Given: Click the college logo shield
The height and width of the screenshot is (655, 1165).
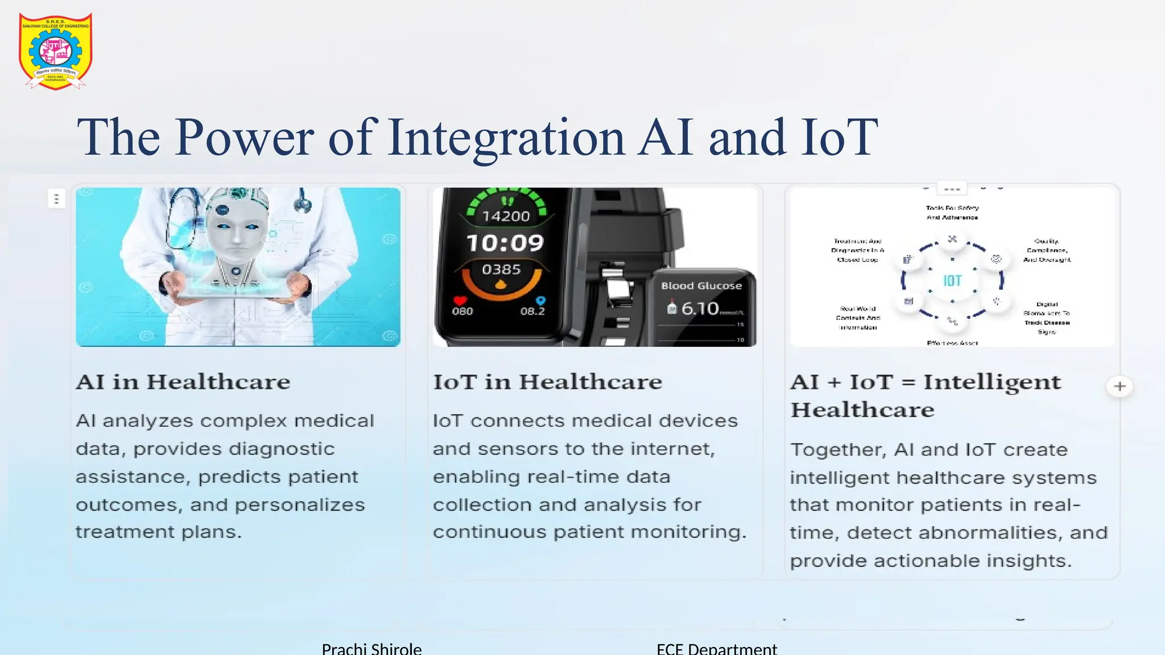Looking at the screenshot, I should pos(56,51).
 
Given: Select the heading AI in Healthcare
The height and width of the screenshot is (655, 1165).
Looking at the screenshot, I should pos(183,382).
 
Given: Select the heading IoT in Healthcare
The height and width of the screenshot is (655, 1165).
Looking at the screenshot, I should pos(548,382).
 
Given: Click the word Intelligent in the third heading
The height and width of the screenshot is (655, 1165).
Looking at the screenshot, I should pos(992,382).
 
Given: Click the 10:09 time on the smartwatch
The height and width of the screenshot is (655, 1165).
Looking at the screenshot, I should pos(505,243).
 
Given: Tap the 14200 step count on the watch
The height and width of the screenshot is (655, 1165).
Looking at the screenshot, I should pos(506,217).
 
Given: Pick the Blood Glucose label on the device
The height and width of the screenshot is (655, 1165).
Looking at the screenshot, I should pos(701,286).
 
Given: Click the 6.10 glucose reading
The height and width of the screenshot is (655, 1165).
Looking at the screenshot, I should pos(700,309).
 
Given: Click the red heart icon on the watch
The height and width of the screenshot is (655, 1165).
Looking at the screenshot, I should pos(460,301).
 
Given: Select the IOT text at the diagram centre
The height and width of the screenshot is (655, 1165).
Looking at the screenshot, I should pos(952,281).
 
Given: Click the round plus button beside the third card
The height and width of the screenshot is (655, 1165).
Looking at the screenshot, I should pos(1119,387).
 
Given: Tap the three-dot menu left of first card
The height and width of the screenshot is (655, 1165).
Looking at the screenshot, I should pos(56,199).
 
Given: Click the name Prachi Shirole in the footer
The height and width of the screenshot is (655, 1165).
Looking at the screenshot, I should pos(371,649).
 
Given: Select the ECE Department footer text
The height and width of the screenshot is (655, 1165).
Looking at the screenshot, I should pos(717,649).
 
